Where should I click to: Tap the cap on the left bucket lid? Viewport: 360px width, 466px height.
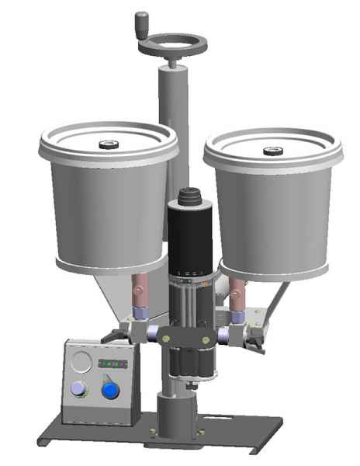click(109, 143)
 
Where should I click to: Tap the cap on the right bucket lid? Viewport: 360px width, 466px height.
click(272, 151)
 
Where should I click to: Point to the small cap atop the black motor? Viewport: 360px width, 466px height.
click(189, 194)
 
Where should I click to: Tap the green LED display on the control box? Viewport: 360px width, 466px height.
click(115, 363)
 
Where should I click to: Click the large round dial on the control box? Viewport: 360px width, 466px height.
click(81, 361)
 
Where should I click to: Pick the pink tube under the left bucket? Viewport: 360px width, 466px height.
click(141, 290)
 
